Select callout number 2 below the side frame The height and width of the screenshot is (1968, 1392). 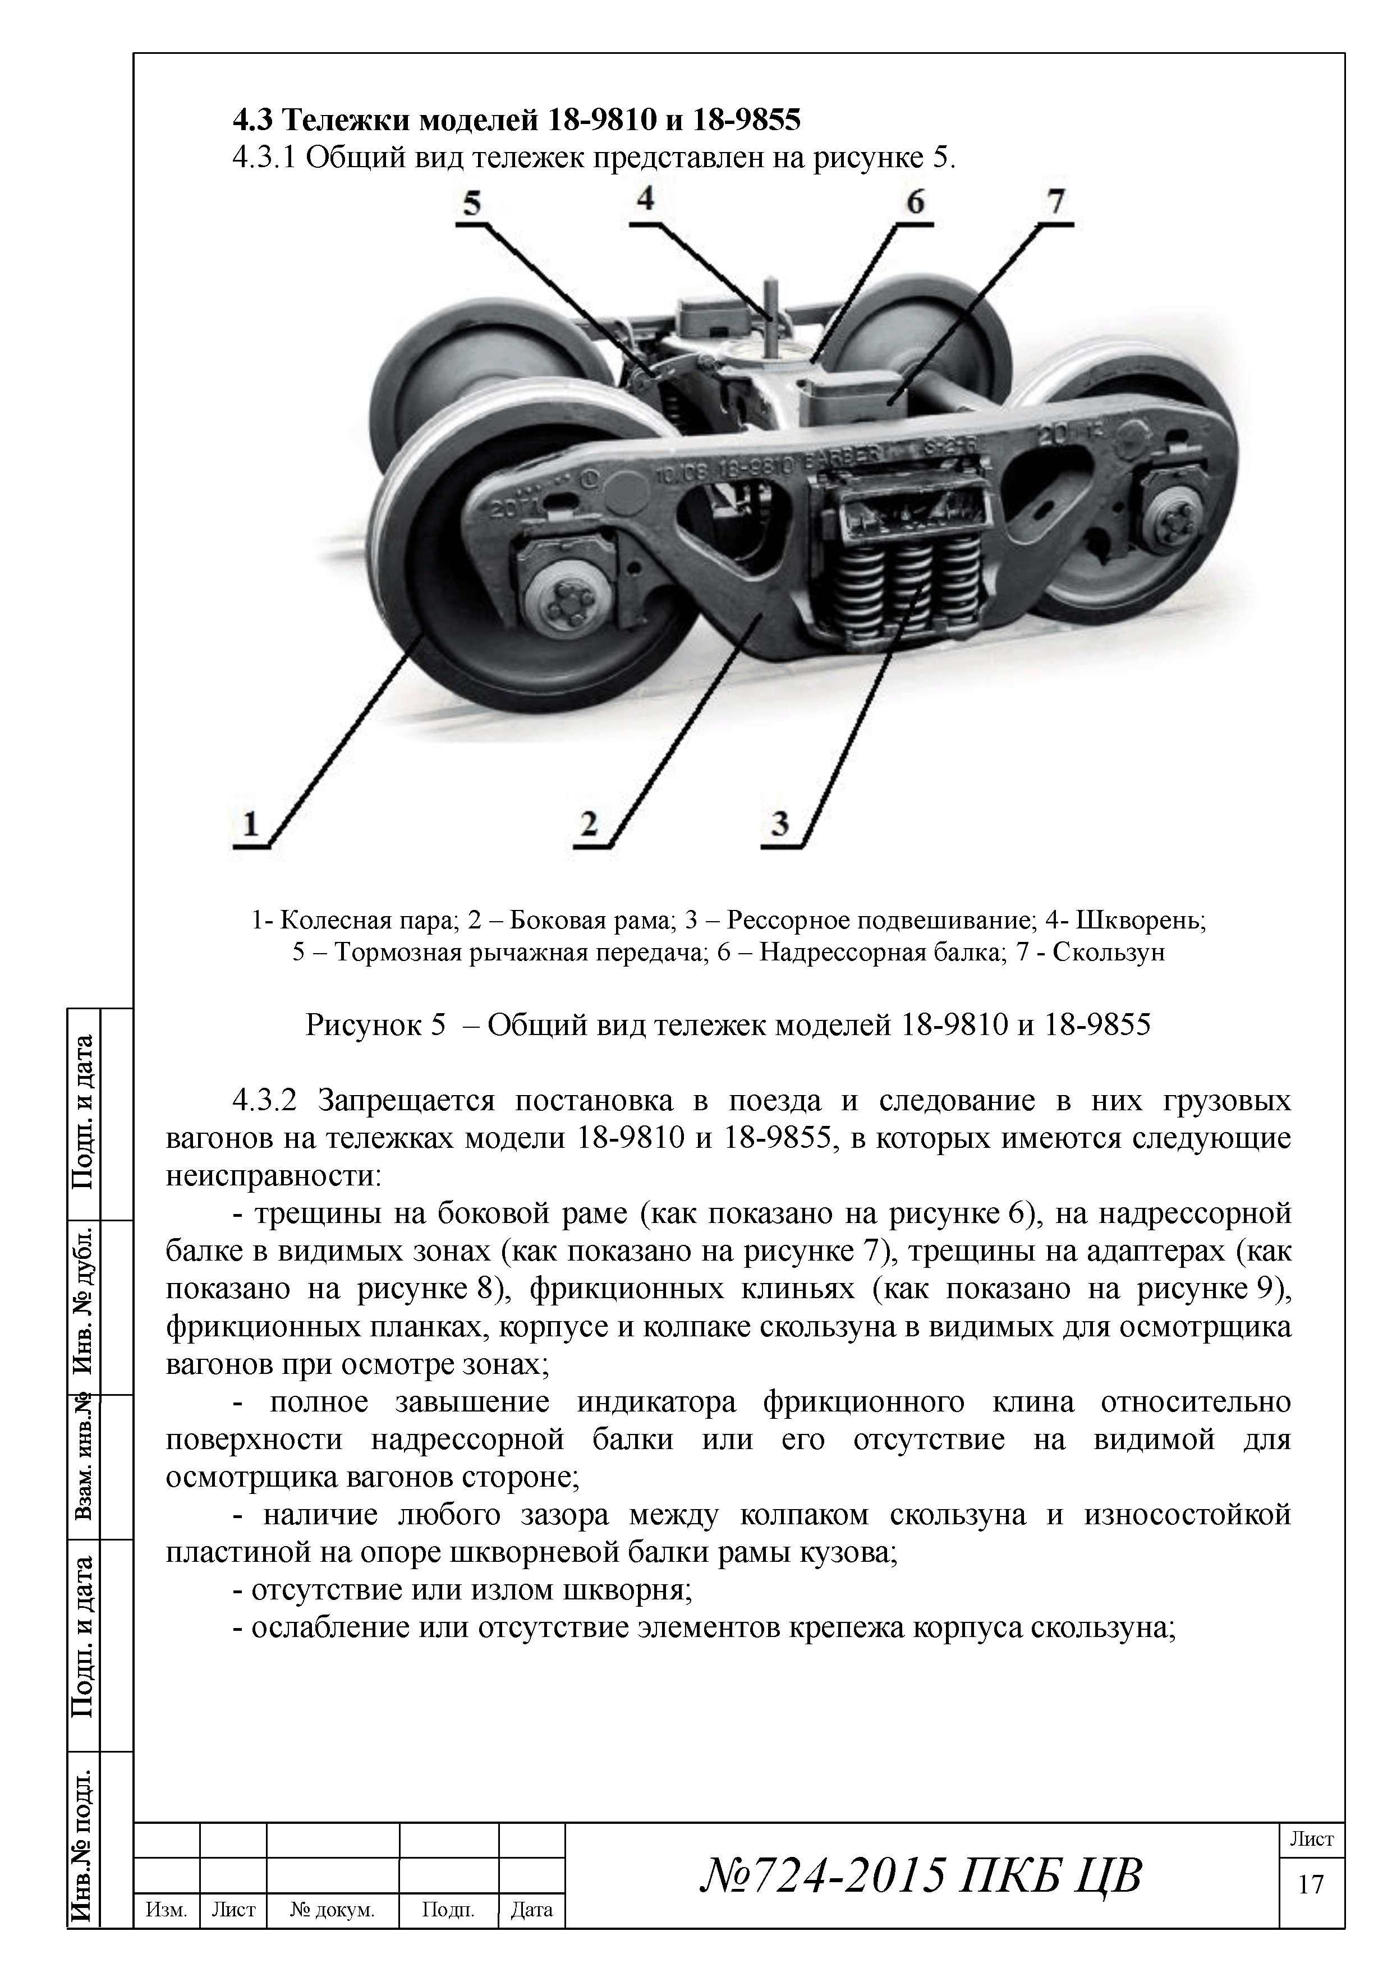589,825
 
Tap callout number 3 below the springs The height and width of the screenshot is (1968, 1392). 779,825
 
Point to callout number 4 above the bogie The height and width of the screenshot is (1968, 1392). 645,200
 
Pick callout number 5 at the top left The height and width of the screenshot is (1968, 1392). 472,204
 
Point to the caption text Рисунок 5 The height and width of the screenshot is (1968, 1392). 375,1024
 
